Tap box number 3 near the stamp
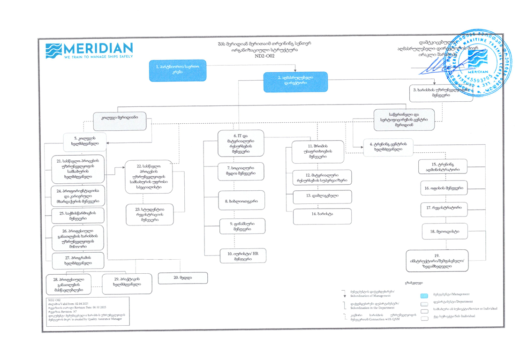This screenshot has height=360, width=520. (x=441, y=92)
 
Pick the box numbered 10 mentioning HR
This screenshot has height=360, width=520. (x=243, y=256)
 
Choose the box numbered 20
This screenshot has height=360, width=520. (x=183, y=278)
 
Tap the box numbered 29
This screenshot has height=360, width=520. (x=127, y=283)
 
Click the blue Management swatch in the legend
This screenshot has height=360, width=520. (x=425, y=296)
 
